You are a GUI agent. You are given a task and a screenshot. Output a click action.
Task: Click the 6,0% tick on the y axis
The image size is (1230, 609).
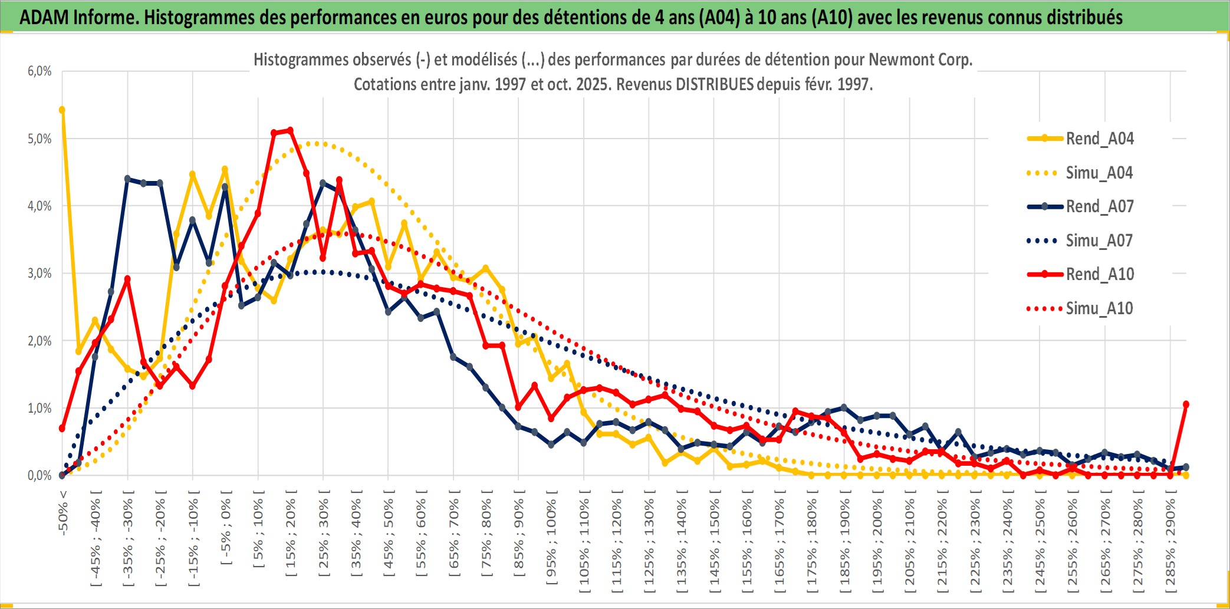pos(40,71)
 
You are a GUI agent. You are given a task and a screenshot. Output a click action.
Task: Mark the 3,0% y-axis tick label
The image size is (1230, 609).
pos(40,274)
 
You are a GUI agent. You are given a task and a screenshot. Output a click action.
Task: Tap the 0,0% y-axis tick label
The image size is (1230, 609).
pos(40,476)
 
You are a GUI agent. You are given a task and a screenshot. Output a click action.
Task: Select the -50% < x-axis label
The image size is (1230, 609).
pos(63,512)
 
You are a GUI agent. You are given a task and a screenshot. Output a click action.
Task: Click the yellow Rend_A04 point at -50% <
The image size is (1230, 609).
pos(62,110)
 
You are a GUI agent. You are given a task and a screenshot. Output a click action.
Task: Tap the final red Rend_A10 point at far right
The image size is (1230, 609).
pos(1186,404)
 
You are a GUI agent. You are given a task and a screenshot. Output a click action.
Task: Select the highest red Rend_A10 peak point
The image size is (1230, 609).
pos(290,130)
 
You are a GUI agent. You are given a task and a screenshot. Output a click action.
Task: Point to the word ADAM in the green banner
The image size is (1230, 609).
pos(44,17)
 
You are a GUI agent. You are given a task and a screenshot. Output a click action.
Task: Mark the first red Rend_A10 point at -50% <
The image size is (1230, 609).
pos(62,428)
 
